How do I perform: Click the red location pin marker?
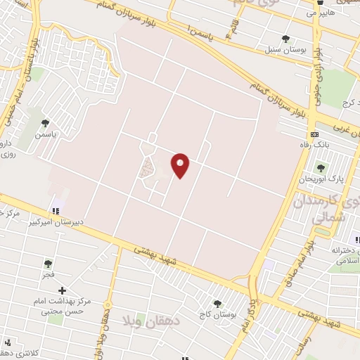point(181,165)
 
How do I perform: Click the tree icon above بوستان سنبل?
point(285,39)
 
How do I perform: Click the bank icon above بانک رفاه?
point(314,134)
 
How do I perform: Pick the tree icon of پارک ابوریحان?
point(321,167)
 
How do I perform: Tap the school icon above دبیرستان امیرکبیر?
point(54,210)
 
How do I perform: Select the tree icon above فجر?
point(48,264)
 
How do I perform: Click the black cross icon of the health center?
point(62,290)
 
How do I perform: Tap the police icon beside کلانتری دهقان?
point(8,343)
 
